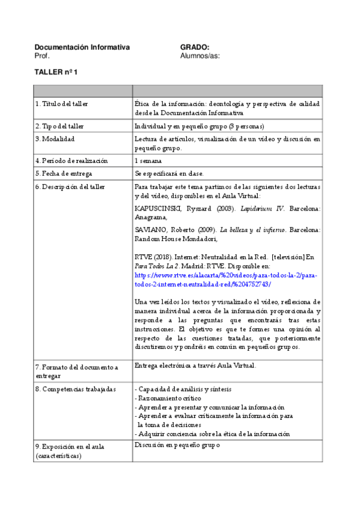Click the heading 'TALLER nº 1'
coord(56,72)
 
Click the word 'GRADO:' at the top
coord(194,48)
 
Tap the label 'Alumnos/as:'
coord(200,56)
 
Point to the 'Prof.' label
coord(42,56)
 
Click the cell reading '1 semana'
coord(148,161)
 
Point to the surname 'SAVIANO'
coord(149,230)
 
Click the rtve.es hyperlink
coord(226,280)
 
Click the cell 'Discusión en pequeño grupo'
coord(178,446)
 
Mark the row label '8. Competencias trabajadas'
coord(75,389)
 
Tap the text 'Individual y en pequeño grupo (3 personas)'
coord(200,126)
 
